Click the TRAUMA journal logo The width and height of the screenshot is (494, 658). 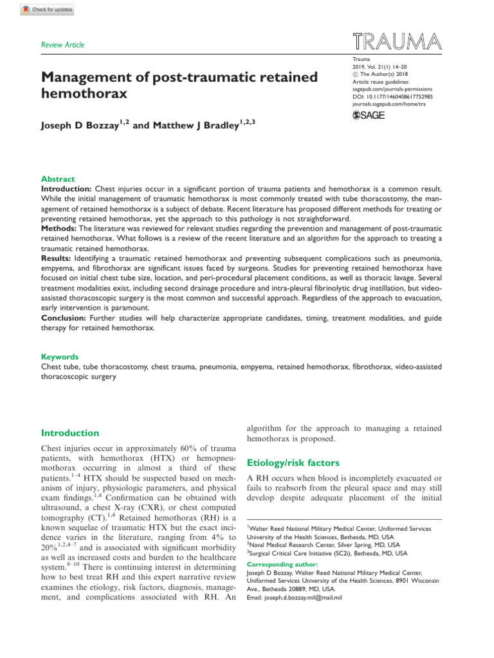pyautogui.click(x=397, y=41)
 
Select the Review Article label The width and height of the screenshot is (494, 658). pyautogui.click(x=63, y=45)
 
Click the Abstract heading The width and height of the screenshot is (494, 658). pyautogui.click(x=58, y=179)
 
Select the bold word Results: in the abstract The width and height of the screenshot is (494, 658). pyautogui.click(x=60, y=257)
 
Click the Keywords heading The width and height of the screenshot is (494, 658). pyautogui.click(x=60, y=357)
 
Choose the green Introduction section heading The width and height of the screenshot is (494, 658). pyautogui.click(x=70, y=433)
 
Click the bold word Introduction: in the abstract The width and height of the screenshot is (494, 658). pyautogui.click(x=67, y=189)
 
